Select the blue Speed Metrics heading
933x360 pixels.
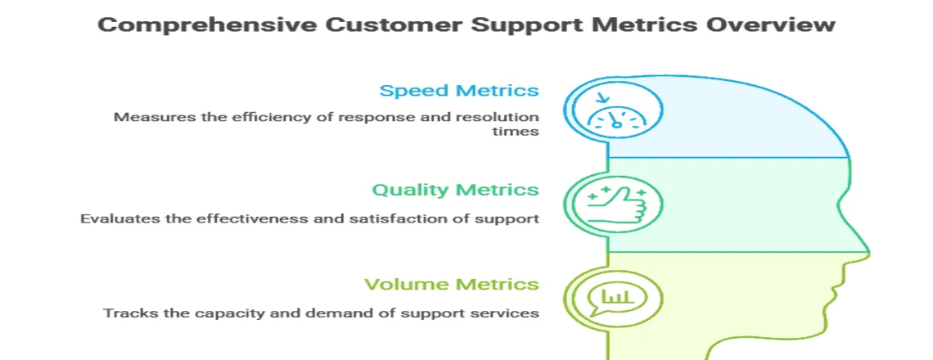458,90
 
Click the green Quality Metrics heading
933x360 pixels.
455,190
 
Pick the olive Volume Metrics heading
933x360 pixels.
452,285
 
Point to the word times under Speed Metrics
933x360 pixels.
521,132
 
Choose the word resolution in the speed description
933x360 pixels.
500,116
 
